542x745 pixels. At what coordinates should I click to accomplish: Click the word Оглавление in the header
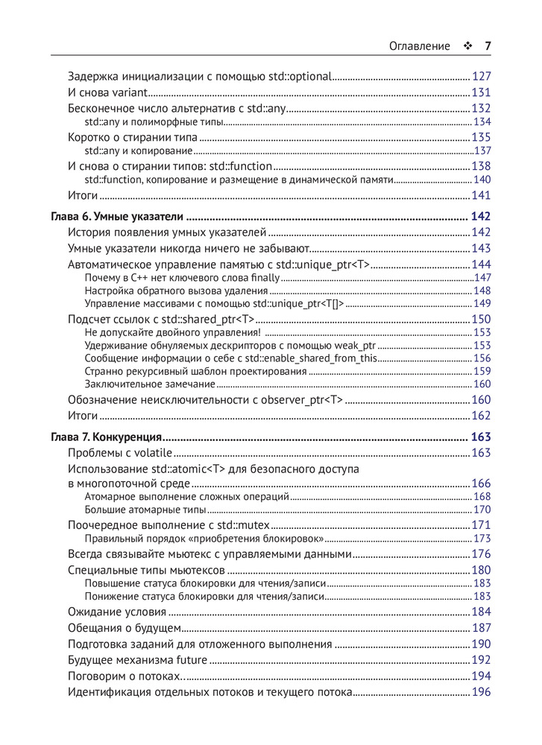click(x=420, y=46)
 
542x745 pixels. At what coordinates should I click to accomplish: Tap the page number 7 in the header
click(x=488, y=46)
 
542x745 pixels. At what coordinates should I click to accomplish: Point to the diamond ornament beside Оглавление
click(x=467, y=46)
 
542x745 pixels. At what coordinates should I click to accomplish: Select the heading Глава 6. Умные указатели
click(x=116, y=217)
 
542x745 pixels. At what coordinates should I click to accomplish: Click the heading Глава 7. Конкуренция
click(x=107, y=437)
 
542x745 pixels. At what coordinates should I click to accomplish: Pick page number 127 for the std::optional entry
click(x=481, y=76)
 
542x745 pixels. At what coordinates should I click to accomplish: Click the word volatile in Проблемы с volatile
click(x=153, y=453)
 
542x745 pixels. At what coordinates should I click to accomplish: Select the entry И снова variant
click(x=109, y=92)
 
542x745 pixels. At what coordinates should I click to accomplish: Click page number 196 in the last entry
click(x=481, y=692)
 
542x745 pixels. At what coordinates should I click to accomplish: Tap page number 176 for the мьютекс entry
click(x=481, y=554)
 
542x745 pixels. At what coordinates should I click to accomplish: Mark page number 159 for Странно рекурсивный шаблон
click(x=482, y=371)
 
